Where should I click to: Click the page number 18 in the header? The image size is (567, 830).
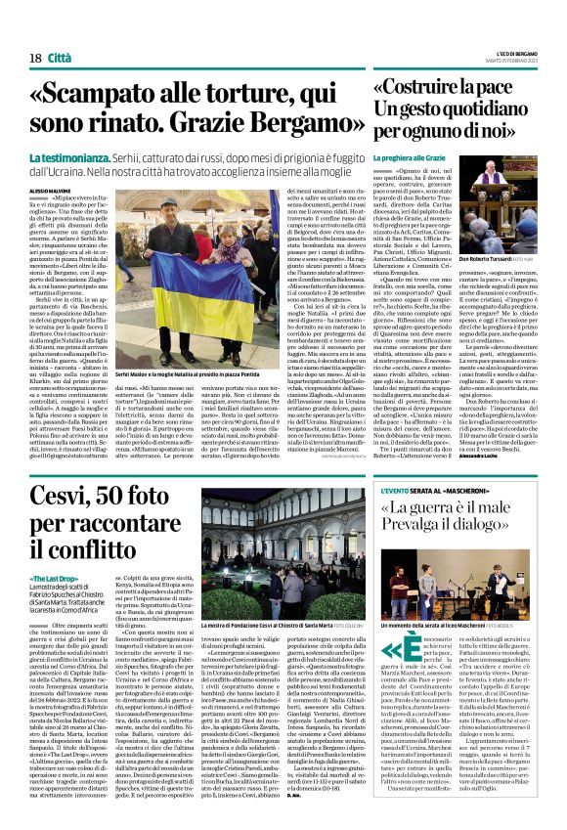[x=33, y=60]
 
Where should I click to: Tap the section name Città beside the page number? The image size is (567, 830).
[x=63, y=60]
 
